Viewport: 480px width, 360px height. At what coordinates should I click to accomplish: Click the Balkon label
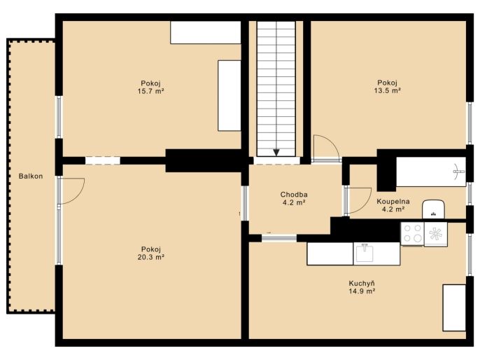point(31,176)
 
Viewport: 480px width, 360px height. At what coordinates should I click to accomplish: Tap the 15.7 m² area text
point(151,91)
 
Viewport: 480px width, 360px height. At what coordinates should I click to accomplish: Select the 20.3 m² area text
point(151,257)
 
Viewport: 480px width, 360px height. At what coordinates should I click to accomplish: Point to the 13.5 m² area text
point(387,90)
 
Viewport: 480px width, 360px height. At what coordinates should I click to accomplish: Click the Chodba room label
point(294,195)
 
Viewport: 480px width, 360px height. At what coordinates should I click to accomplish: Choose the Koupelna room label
point(393,202)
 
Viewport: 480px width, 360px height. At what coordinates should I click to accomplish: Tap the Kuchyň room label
point(362,284)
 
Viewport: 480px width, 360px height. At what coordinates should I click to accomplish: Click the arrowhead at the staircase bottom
point(276,152)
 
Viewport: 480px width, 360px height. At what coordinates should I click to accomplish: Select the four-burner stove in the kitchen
point(412,234)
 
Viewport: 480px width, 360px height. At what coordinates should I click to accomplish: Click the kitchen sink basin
point(365,253)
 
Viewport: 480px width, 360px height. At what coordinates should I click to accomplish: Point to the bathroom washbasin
point(434,209)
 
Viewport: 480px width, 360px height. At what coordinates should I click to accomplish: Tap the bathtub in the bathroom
point(431,172)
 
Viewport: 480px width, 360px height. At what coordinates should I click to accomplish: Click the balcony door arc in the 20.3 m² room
point(78,197)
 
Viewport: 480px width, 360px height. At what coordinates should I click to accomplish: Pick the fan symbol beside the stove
point(436,234)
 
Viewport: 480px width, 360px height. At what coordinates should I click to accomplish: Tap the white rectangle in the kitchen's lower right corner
point(454,307)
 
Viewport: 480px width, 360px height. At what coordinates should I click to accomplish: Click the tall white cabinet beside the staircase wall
point(230,95)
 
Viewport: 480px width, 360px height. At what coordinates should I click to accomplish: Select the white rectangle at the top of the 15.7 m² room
point(206,32)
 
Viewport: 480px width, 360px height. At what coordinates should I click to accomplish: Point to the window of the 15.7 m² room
point(59,117)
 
